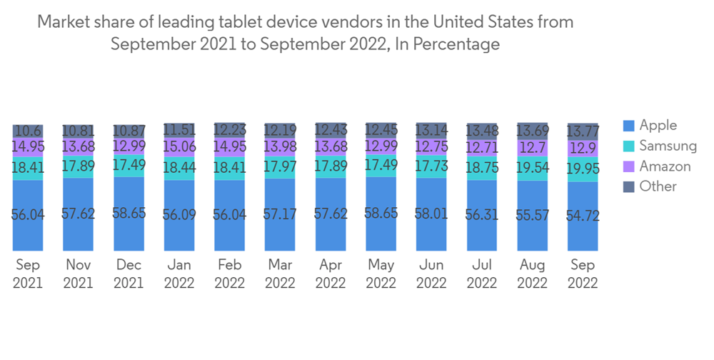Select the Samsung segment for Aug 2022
click(x=532, y=169)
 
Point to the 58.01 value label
click(x=431, y=214)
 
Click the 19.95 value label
click(x=583, y=169)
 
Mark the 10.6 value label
click(x=28, y=131)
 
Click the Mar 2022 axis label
click(x=280, y=274)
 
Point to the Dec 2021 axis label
click(x=129, y=274)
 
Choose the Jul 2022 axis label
click(x=482, y=274)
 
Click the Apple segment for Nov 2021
click(x=78, y=214)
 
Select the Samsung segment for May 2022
click(x=381, y=164)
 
